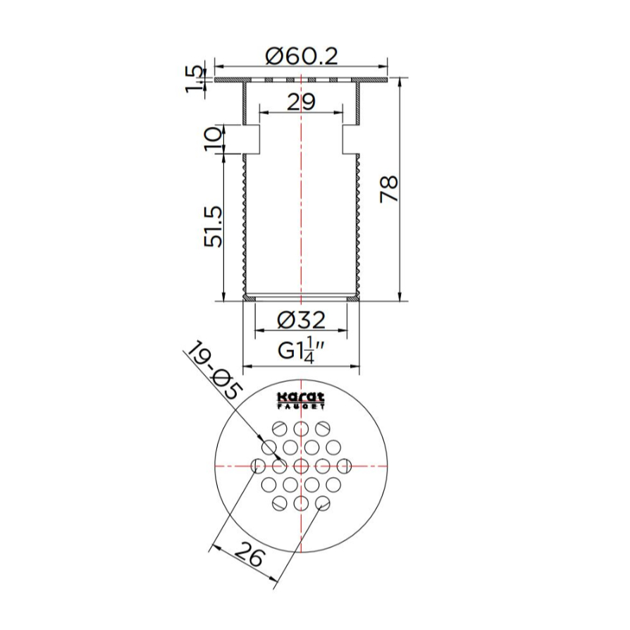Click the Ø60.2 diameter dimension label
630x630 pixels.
tap(302, 56)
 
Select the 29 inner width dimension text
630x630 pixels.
tap(301, 102)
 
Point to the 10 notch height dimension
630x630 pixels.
tap(213, 139)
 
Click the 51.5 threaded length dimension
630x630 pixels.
tap(213, 227)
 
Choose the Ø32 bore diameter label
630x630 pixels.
tap(301, 320)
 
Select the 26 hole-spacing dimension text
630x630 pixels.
tap(249, 554)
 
